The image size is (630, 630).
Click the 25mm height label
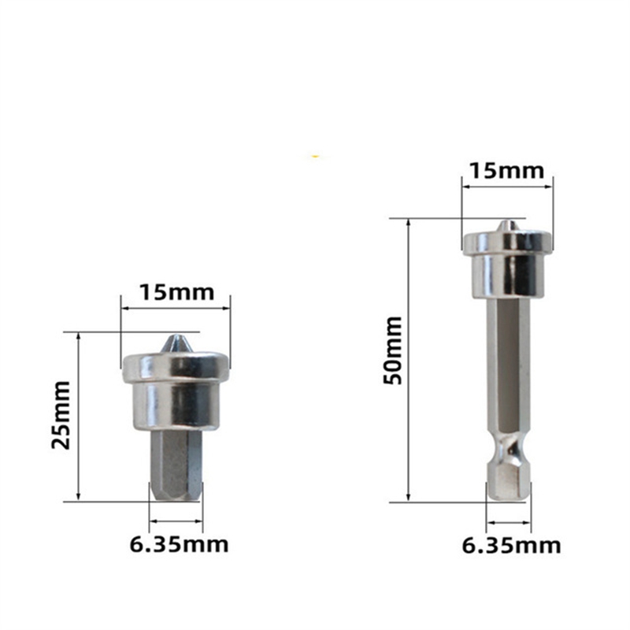click(x=61, y=415)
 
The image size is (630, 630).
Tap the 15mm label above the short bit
click(x=176, y=292)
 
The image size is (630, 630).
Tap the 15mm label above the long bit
click(x=507, y=171)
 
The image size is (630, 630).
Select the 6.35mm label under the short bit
click(x=180, y=543)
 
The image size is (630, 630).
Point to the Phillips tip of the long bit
click(x=508, y=226)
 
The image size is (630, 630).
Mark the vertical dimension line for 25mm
click(x=79, y=416)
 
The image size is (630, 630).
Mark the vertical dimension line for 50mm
click(x=408, y=359)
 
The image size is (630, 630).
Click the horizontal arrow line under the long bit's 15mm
click(x=507, y=187)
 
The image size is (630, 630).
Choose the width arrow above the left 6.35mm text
click(x=176, y=521)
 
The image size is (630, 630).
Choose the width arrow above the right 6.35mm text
click(x=508, y=521)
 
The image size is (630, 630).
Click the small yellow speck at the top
click(x=315, y=157)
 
